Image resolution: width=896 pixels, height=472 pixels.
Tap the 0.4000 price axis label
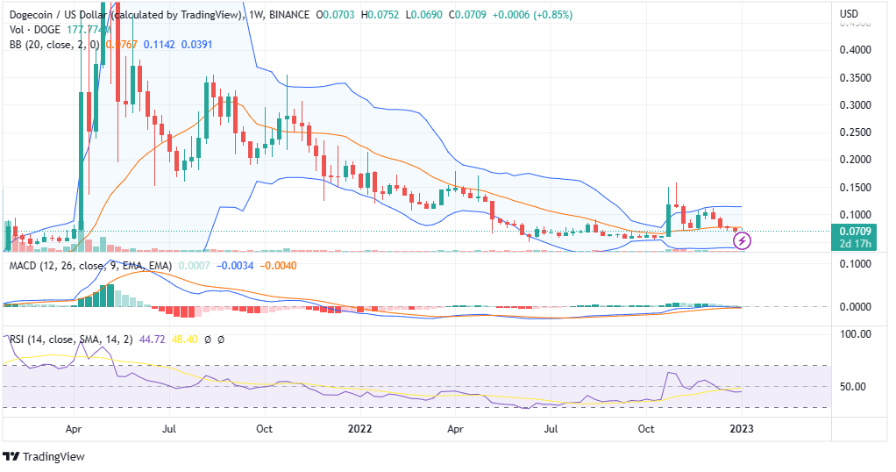pos(854,50)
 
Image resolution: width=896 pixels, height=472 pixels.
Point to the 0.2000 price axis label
pos(854,160)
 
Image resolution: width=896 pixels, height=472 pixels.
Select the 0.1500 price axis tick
pos(854,188)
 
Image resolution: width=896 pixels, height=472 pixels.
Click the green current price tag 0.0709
pos(854,232)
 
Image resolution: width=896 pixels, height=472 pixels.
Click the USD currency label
pos(849,14)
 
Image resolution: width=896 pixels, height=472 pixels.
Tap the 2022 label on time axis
pos(361,429)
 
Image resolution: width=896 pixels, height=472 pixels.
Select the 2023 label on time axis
pos(742,429)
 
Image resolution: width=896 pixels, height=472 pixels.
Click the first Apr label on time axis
pos(74,429)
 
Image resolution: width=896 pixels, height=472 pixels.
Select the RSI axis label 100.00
pos(855,334)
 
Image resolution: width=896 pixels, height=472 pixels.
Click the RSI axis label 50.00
pos(855,386)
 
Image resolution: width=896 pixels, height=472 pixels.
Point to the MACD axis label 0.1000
pos(854,266)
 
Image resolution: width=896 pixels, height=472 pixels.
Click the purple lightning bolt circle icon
pos(740,238)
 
